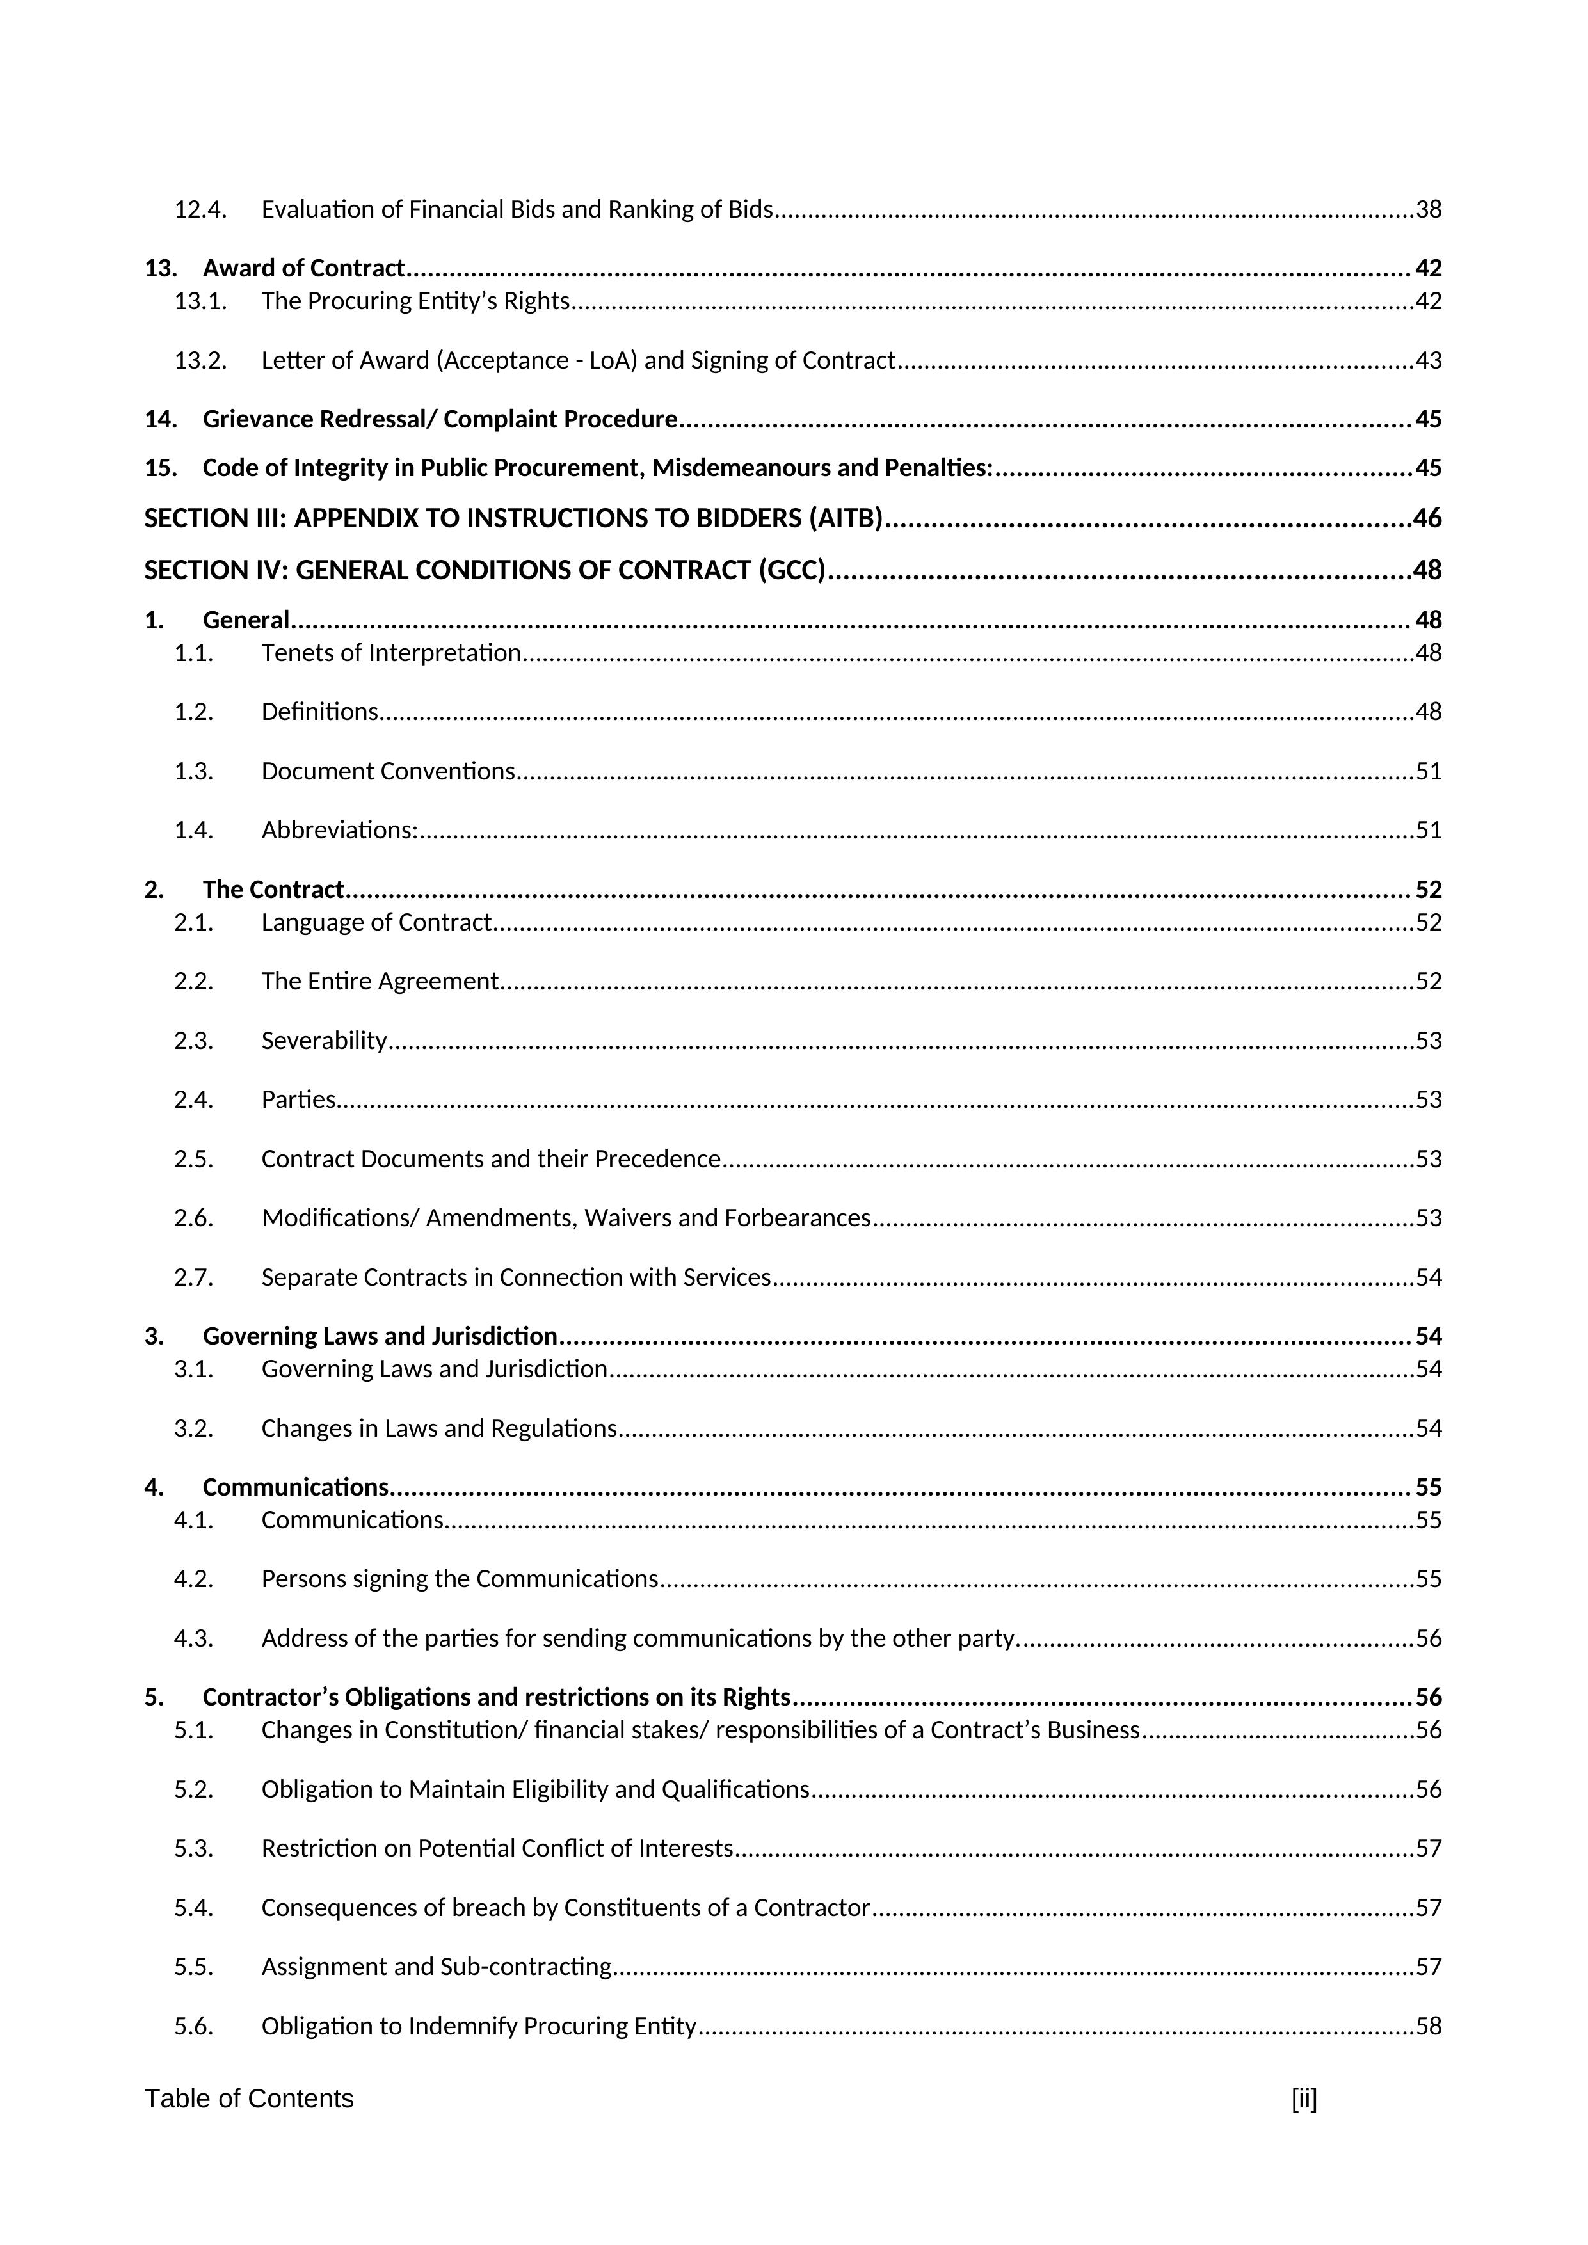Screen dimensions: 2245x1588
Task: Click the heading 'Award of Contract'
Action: (x=303, y=268)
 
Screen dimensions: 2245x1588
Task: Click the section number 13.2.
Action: (x=200, y=361)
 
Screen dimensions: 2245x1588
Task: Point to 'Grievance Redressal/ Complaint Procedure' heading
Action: (x=439, y=419)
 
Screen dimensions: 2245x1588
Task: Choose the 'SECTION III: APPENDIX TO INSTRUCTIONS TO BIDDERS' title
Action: (x=513, y=518)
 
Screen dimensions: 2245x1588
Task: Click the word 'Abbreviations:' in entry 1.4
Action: (x=339, y=830)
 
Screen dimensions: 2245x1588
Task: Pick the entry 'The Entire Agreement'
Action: (x=380, y=980)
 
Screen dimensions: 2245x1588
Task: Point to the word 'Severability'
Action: (x=324, y=1041)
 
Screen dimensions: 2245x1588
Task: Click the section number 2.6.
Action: (x=193, y=1218)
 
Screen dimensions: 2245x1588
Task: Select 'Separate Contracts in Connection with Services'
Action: (x=515, y=1278)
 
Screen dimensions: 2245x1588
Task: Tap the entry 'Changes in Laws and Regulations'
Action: (x=439, y=1428)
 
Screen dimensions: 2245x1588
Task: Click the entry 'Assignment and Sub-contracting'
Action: (x=436, y=1967)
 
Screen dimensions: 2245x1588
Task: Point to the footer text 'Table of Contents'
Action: (x=250, y=2099)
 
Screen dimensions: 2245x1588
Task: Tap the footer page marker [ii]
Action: (x=1303, y=2099)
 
